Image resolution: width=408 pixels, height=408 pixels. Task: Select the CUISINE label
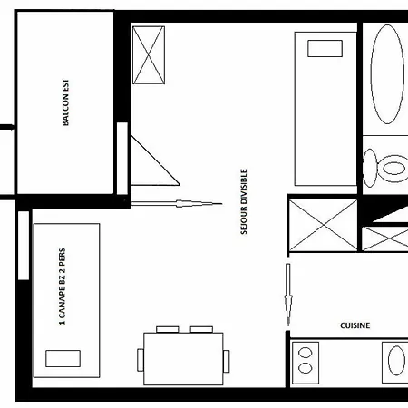click(355, 325)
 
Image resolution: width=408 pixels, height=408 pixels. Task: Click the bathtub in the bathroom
click(387, 75)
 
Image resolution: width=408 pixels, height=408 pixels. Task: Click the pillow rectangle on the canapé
click(63, 358)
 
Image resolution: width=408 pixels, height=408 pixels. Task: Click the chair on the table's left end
click(141, 359)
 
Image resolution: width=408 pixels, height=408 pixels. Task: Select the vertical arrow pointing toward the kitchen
click(287, 295)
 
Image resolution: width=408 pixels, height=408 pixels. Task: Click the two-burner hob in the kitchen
click(310, 359)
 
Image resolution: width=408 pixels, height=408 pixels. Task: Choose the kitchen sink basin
click(395, 362)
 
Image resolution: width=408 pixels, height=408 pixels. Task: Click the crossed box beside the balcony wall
click(149, 54)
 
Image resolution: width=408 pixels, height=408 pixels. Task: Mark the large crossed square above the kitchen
click(322, 226)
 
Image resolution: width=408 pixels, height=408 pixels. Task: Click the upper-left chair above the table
click(167, 328)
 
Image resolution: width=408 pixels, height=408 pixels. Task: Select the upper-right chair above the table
click(200, 328)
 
